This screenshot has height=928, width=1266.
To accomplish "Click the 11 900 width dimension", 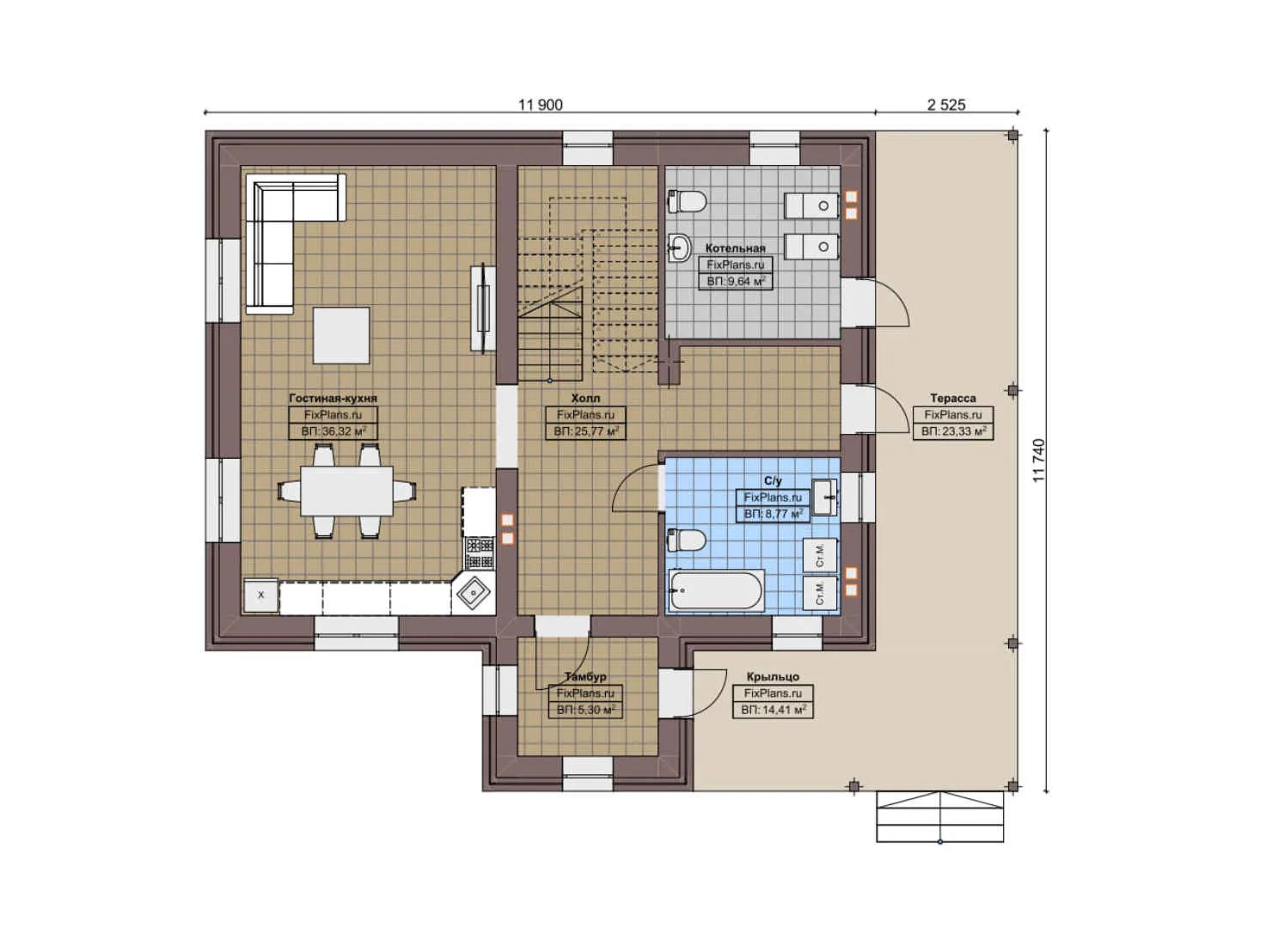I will (540, 105).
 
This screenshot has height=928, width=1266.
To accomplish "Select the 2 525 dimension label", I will (946, 105).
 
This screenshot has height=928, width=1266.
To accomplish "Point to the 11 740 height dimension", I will (1038, 460).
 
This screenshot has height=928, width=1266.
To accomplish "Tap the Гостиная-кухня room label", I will (333, 399).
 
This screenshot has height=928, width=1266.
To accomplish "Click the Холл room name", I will (585, 399).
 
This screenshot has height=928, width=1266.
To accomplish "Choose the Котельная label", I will (735, 248).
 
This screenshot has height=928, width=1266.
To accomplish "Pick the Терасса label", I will (952, 399).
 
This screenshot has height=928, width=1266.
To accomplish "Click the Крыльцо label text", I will (773, 677).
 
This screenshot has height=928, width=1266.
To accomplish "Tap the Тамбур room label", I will (585, 677).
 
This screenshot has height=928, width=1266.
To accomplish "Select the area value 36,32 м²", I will (333, 431).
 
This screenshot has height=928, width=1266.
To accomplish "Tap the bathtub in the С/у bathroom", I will (715, 590).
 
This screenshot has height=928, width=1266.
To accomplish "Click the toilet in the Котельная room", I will (688, 201).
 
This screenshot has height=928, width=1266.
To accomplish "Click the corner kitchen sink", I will (473, 592).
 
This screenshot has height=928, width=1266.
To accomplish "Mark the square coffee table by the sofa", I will (341, 335).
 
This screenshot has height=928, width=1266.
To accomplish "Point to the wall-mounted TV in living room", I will (482, 308).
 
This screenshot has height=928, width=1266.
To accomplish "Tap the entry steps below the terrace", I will (939, 816).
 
